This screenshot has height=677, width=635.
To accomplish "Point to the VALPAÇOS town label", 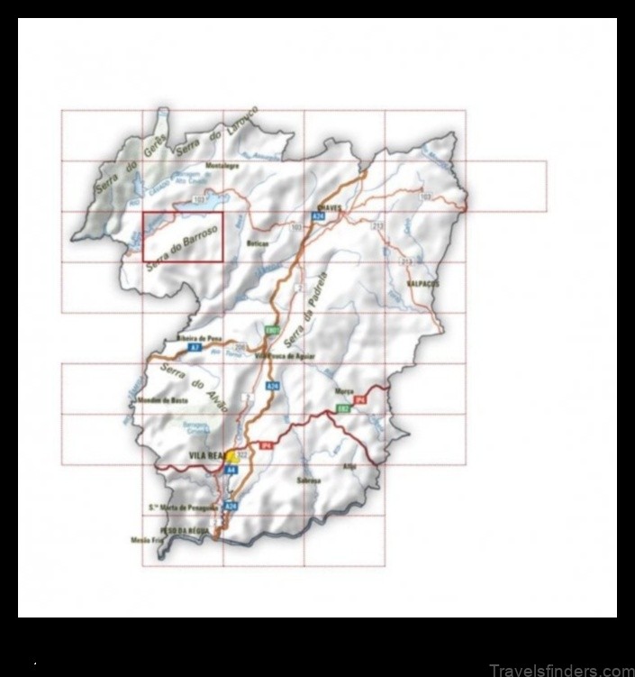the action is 422,282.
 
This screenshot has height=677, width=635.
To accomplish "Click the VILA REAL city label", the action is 205,457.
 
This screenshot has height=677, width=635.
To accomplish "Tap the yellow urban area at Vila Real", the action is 232,456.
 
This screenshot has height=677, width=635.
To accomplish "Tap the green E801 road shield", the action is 269,332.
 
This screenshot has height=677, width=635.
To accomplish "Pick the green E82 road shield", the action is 343,408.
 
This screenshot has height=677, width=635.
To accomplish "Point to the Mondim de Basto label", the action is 162,399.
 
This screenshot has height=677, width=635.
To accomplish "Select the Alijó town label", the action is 350,466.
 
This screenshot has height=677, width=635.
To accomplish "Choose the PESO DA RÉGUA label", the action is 184,531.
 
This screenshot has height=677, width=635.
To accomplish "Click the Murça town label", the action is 343,391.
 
